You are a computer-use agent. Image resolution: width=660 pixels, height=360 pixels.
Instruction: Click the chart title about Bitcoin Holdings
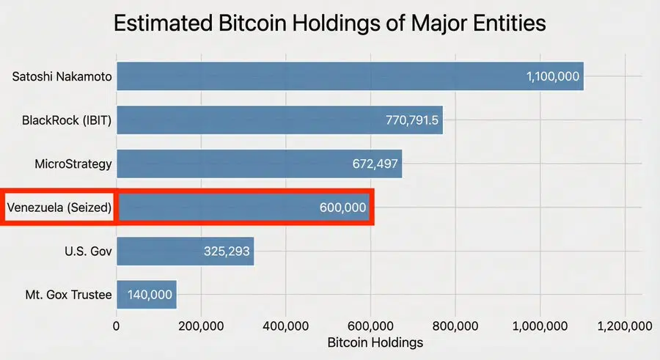coord(330,23)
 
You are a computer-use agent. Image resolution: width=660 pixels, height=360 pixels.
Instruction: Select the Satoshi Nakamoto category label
coord(62,77)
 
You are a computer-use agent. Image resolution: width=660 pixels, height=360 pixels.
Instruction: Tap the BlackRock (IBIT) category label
coord(67,120)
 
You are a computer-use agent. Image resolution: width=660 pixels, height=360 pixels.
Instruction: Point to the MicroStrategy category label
coord(73,164)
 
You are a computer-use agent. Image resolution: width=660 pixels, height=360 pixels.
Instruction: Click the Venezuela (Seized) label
coord(59,207)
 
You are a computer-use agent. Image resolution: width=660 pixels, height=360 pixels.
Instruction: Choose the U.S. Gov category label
coord(88,251)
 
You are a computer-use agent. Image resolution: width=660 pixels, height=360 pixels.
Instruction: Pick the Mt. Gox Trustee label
coord(68,295)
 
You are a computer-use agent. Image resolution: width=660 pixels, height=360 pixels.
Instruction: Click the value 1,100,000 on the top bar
coord(553,77)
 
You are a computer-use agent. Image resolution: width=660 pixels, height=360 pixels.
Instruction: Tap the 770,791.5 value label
coord(412,120)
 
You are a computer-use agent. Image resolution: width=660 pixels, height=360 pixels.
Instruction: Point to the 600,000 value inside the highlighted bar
coord(342,207)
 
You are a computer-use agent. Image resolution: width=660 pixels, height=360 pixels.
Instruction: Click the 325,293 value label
coord(227,251)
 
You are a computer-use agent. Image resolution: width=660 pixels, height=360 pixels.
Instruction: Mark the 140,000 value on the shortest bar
coord(150,295)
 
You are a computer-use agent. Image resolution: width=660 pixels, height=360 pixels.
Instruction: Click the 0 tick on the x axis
coord(117,326)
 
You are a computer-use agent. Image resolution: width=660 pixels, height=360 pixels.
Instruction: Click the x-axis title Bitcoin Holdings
coord(375,342)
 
